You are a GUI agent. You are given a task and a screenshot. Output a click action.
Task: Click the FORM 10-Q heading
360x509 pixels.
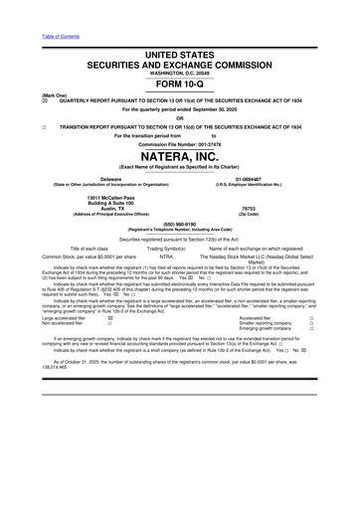coord(180,85)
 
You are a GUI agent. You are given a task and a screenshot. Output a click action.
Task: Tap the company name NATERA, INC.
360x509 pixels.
coord(180,157)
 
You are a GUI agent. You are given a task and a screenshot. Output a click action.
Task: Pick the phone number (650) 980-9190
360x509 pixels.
coord(180,224)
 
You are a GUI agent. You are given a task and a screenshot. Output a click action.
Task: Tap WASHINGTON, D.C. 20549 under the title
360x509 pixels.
coord(180,74)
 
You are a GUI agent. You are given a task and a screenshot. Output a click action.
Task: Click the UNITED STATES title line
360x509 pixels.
coord(180,53)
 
